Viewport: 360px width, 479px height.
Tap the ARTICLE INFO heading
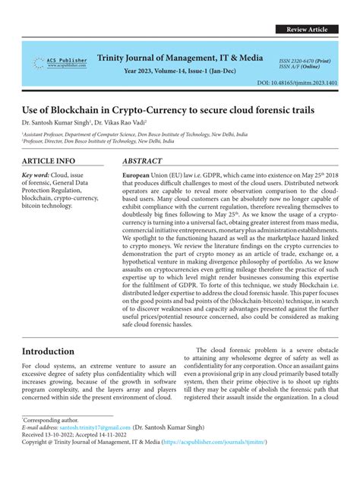pos(49,162)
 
